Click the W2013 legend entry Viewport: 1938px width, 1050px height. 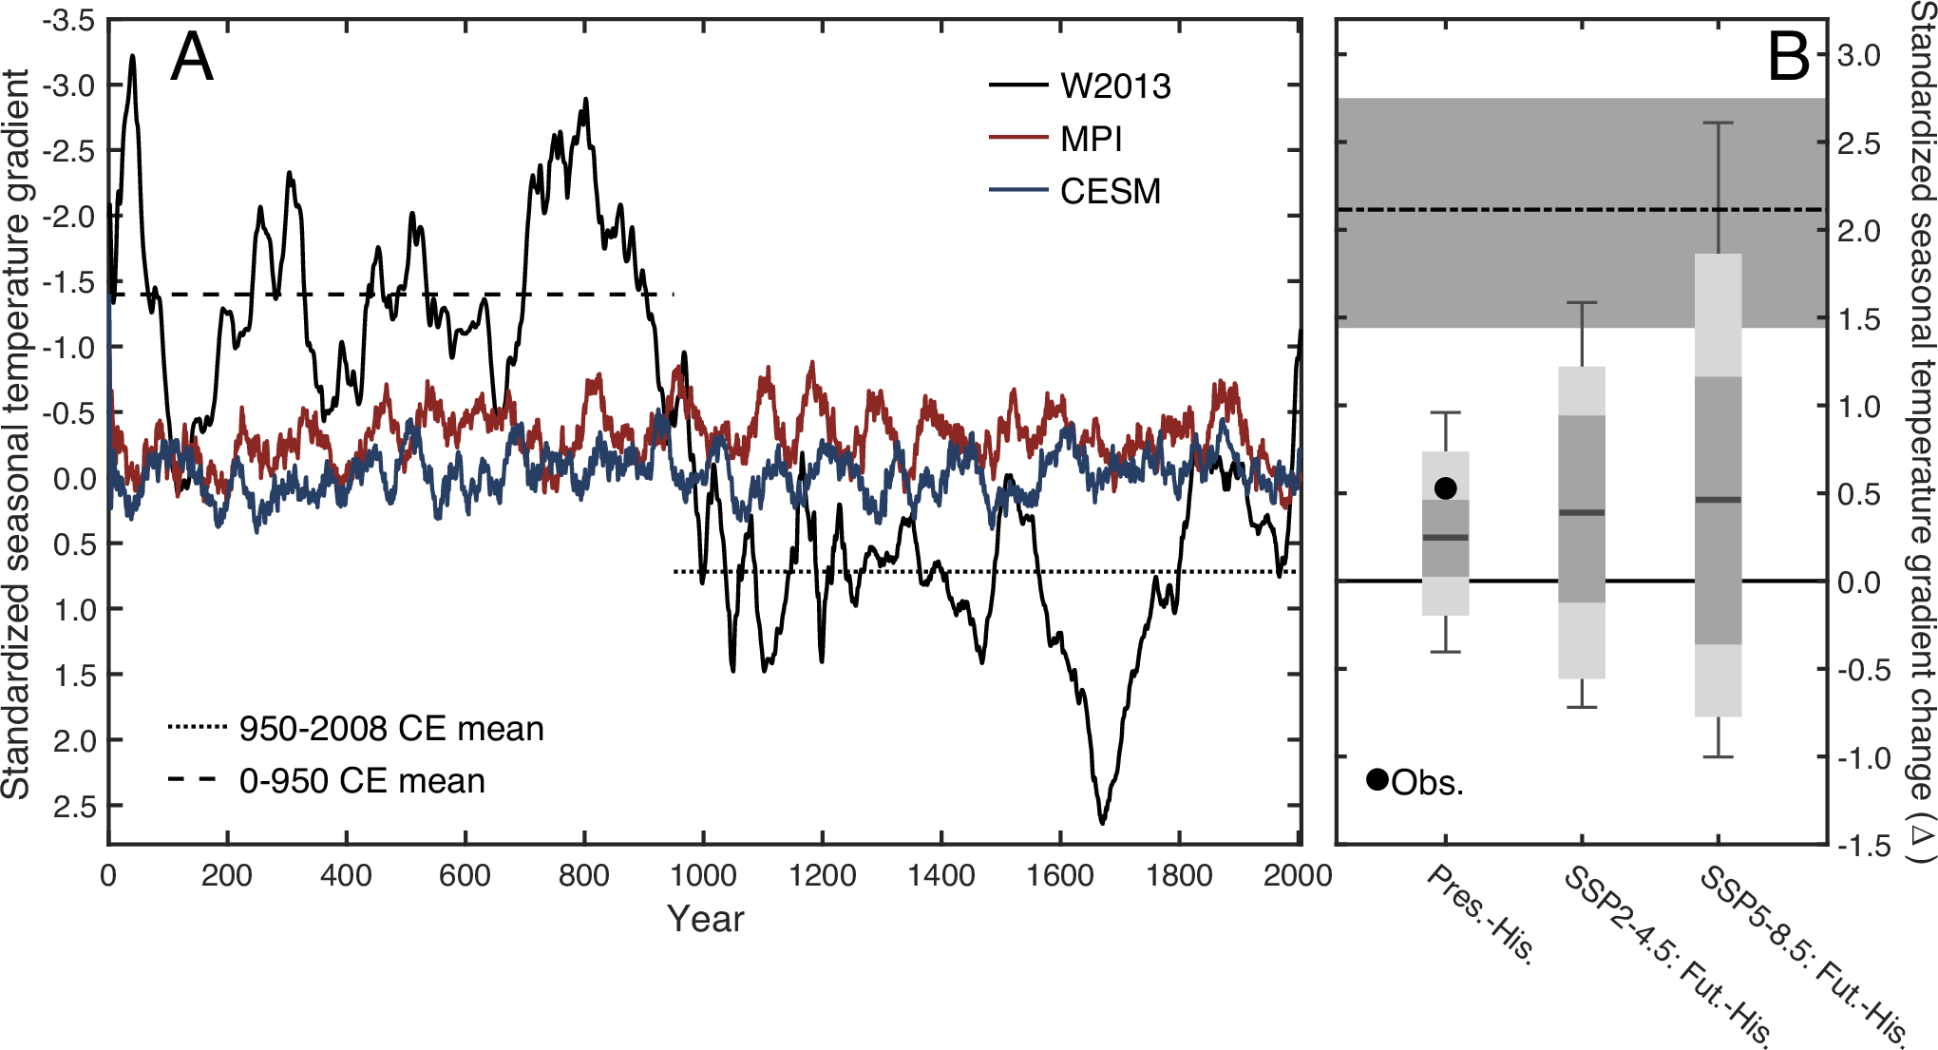click(x=1114, y=86)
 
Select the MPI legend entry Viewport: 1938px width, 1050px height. click(x=1091, y=140)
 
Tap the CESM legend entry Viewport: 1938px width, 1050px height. click(x=1110, y=192)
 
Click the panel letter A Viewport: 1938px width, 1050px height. click(x=191, y=58)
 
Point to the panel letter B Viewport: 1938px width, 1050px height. click(x=1788, y=58)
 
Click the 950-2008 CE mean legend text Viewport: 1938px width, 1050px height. click(x=390, y=729)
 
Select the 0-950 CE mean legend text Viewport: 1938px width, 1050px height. click(x=361, y=781)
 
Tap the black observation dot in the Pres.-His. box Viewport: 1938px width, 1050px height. click(x=1445, y=488)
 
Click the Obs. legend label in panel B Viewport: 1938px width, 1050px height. click(x=1427, y=783)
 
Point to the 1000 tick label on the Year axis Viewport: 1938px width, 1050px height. click(x=703, y=875)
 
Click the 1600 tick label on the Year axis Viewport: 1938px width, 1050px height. click(x=1060, y=875)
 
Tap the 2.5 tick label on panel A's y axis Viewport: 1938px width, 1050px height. click(x=74, y=807)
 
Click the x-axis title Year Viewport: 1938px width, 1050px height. click(x=705, y=919)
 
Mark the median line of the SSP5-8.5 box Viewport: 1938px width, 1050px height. click(x=1718, y=500)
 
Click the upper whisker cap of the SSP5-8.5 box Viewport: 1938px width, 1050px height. click(x=1718, y=124)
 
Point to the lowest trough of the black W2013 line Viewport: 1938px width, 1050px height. click(x=1102, y=822)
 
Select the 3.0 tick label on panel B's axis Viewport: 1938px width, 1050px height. click(x=1858, y=56)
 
